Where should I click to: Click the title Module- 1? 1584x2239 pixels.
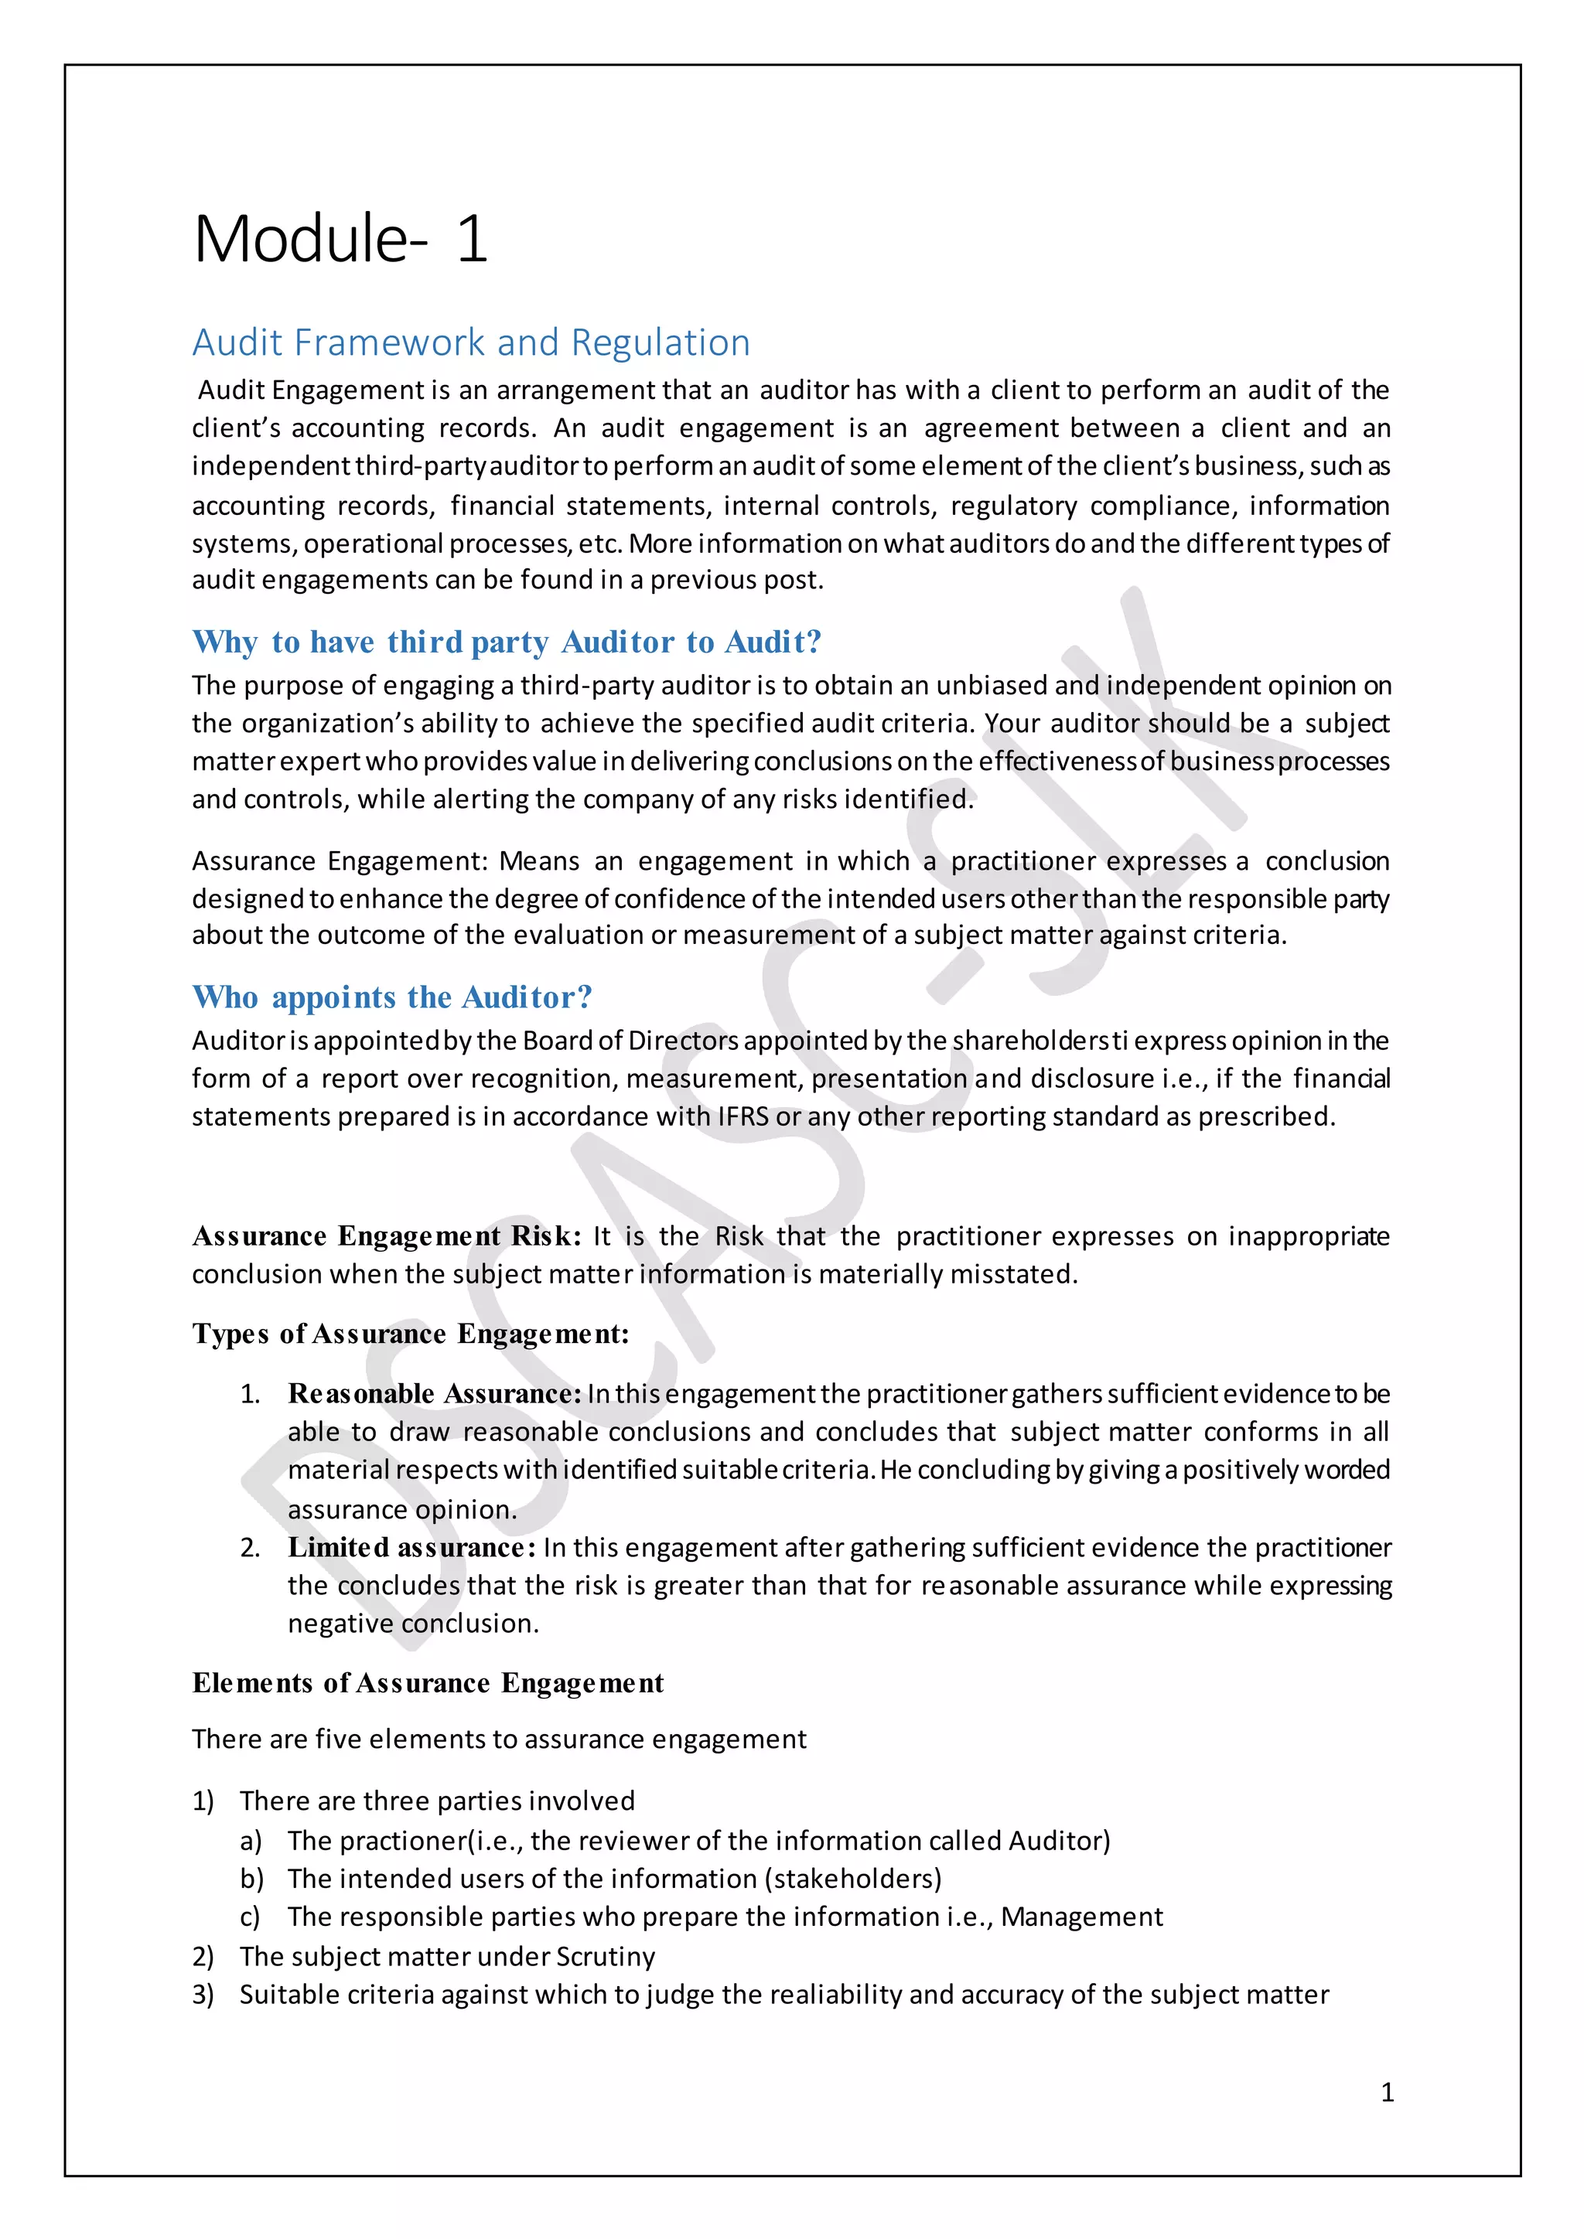[340, 239]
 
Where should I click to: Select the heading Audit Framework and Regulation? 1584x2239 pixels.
[471, 343]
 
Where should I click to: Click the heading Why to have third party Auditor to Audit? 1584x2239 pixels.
[507, 642]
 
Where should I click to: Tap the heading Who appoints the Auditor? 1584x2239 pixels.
[392, 997]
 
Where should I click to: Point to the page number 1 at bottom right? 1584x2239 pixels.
[1387, 2092]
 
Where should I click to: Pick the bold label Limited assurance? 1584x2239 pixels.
[411, 1548]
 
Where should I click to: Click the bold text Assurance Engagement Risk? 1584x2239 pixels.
[386, 1236]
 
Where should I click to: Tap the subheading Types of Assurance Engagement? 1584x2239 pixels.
[411, 1333]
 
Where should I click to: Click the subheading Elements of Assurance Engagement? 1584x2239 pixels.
[427, 1683]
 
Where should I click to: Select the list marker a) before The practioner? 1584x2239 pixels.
[251, 1841]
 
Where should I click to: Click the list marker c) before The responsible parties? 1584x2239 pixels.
[250, 1917]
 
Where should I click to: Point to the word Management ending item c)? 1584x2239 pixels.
[1082, 1917]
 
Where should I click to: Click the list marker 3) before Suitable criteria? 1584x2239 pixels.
[203, 1995]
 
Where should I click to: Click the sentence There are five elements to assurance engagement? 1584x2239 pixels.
[498, 1740]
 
